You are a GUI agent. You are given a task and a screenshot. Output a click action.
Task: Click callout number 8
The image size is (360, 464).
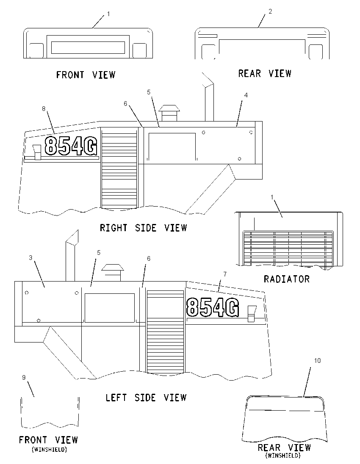[x=44, y=109]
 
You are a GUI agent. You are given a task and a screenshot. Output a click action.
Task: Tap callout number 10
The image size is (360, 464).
[x=317, y=360]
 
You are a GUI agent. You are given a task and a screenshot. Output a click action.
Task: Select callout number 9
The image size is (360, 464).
[x=24, y=378]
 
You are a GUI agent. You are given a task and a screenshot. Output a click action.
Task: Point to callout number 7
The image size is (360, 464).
[x=225, y=274]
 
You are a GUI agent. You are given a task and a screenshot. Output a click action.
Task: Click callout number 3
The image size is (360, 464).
[x=30, y=258]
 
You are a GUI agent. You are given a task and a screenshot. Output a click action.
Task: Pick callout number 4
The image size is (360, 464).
[x=246, y=95]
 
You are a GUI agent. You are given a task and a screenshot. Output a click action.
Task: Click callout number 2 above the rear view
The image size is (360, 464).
[x=270, y=11]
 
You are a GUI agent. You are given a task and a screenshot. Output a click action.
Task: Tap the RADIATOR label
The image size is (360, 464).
[x=287, y=279]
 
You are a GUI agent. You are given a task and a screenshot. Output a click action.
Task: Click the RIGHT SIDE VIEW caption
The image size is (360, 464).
[x=144, y=228]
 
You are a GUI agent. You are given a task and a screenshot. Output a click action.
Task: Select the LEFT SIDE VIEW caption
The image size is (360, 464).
[x=146, y=398]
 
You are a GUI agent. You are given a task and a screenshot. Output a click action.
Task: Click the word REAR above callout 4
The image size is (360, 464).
[x=249, y=73]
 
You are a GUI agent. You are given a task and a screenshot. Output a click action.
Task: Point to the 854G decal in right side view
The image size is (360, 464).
[x=71, y=145]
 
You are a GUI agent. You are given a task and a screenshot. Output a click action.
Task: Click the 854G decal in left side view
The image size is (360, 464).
[x=213, y=307]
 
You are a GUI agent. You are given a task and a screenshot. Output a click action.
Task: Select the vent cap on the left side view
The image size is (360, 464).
[x=112, y=272]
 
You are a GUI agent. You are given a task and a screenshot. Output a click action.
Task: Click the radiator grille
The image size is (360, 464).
[x=288, y=248]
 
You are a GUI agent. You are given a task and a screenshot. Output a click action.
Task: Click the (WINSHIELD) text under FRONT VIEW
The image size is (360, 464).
[x=49, y=450]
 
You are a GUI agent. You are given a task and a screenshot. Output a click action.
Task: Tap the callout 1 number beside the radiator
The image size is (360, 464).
[x=272, y=197]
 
